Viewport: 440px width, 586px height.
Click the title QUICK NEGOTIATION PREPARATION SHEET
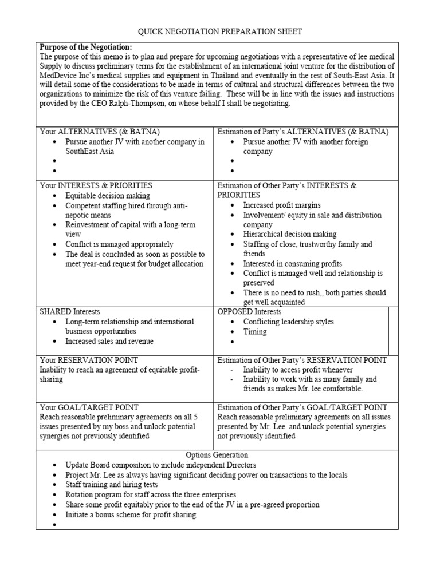click(x=220, y=31)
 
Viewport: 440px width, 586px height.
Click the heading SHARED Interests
click(x=70, y=312)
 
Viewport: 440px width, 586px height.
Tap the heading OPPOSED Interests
click(x=250, y=312)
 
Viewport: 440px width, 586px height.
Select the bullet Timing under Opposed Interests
click(x=255, y=332)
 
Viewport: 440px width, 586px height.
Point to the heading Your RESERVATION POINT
click(x=89, y=360)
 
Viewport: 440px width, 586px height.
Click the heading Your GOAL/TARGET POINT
click(x=89, y=407)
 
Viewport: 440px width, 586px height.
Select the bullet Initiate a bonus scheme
click(x=131, y=514)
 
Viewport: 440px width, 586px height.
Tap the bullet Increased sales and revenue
click(x=109, y=342)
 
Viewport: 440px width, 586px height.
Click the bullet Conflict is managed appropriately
click(x=119, y=244)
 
